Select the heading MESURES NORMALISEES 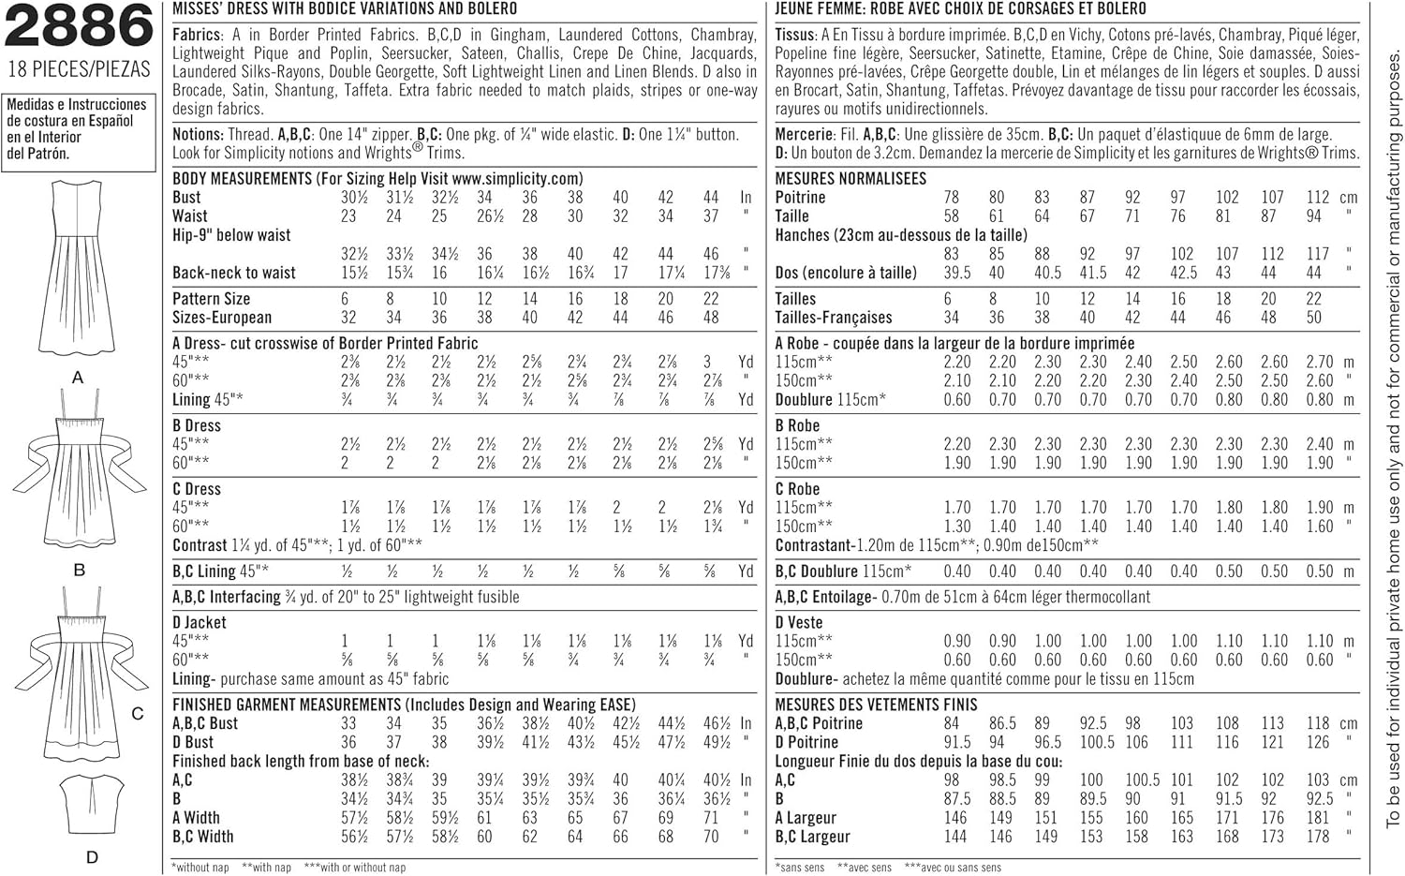click(850, 178)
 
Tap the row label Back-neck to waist click(233, 273)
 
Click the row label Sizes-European click(222, 318)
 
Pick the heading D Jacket click(200, 622)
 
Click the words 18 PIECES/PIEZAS click(79, 70)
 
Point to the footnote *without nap click(200, 868)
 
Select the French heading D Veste click(799, 622)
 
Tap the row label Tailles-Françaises click(834, 318)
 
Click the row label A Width click(196, 818)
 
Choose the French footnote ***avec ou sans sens click(953, 868)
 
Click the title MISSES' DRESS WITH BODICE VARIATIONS click(345, 8)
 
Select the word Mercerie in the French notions click(804, 134)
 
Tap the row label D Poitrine click(806, 742)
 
